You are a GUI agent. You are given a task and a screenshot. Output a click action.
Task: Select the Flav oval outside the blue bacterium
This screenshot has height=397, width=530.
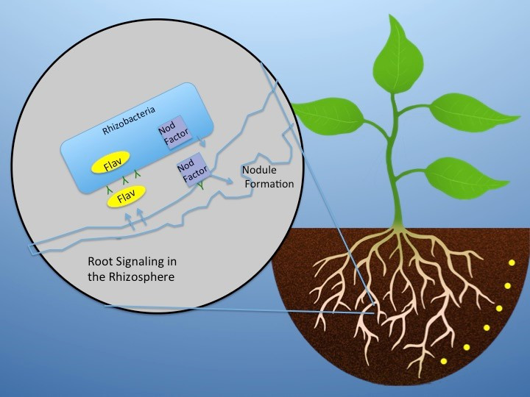pyautogui.click(x=127, y=195)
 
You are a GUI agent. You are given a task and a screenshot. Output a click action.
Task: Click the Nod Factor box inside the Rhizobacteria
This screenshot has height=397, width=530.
pyautogui.click(x=167, y=135)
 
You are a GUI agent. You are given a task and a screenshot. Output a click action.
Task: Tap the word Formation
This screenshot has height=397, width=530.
pyautogui.click(x=269, y=185)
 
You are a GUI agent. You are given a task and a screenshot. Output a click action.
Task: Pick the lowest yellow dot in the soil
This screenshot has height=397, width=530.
pyautogui.click(x=443, y=361)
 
